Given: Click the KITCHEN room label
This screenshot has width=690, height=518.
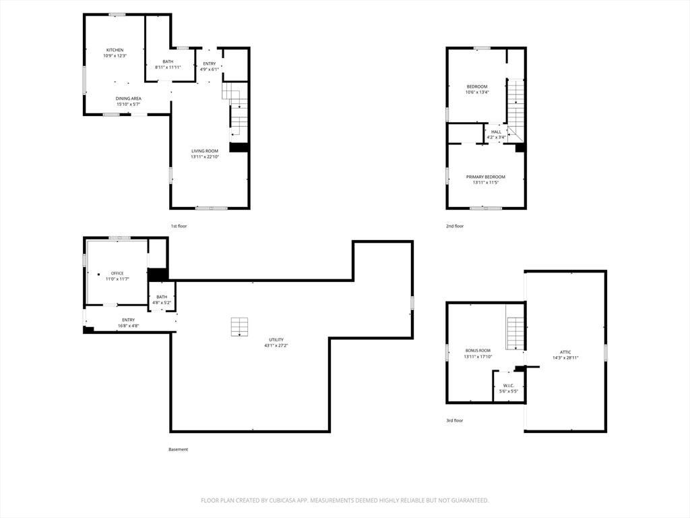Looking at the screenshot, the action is pyautogui.click(x=115, y=50).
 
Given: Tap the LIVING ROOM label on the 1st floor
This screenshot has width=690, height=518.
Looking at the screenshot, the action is pyautogui.click(x=205, y=151).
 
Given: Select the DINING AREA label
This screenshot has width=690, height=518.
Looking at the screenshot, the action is pyautogui.click(x=129, y=98).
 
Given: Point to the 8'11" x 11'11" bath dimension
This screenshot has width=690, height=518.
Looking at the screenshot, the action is pyautogui.click(x=168, y=67).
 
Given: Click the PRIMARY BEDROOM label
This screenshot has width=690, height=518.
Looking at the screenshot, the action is pyautogui.click(x=486, y=177).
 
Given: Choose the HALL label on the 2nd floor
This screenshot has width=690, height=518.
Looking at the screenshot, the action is pyautogui.click(x=496, y=132).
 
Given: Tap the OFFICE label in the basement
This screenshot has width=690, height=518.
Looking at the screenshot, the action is pyautogui.click(x=117, y=274).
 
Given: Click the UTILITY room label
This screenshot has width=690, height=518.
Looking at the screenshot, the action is pyautogui.click(x=276, y=340).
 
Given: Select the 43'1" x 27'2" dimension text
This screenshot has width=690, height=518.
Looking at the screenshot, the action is pyautogui.click(x=276, y=346).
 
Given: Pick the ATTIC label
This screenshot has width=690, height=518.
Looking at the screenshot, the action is pyautogui.click(x=565, y=352).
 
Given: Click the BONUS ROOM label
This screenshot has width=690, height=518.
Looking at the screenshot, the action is pyautogui.click(x=478, y=351).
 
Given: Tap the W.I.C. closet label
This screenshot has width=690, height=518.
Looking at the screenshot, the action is pyautogui.click(x=509, y=385).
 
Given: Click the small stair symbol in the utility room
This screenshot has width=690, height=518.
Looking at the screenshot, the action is pyautogui.click(x=239, y=327).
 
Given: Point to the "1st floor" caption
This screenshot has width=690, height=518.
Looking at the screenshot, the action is pyautogui.click(x=179, y=227).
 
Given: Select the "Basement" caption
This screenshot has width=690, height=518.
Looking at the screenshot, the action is pyautogui.click(x=178, y=450).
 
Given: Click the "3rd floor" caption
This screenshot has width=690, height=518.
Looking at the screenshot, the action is pyautogui.click(x=455, y=421).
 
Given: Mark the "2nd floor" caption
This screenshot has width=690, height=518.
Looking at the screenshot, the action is pyautogui.click(x=455, y=227).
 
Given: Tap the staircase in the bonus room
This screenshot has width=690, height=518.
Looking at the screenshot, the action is pyautogui.click(x=515, y=333).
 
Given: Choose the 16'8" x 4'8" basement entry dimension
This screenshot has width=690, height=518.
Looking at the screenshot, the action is pyautogui.click(x=129, y=326).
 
